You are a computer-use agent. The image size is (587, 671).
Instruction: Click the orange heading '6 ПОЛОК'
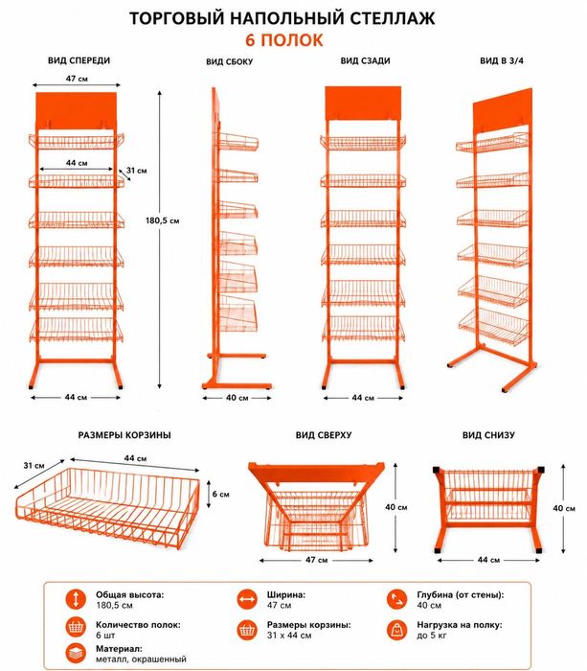(x=283, y=40)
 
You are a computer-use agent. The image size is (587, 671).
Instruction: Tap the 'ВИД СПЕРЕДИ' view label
(x=79, y=60)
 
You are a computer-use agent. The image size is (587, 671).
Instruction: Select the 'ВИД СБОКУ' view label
(x=230, y=61)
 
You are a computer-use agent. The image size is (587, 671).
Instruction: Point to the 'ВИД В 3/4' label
(x=502, y=60)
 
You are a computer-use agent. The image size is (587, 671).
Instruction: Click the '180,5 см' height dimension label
(x=163, y=220)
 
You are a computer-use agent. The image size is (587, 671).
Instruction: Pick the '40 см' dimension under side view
(x=237, y=398)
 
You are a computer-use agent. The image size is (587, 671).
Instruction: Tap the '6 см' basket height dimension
(x=220, y=495)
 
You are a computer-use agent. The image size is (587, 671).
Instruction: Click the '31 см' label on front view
(x=136, y=171)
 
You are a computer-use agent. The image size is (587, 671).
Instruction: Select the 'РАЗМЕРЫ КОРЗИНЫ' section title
(x=124, y=435)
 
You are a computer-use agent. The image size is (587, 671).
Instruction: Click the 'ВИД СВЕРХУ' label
(x=324, y=435)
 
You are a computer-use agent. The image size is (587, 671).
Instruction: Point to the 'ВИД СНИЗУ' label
(x=488, y=435)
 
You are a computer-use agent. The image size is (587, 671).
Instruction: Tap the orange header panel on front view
(x=76, y=110)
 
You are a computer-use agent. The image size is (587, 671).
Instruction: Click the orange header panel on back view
(x=363, y=104)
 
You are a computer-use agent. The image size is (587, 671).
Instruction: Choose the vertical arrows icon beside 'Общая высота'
(x=76, y=599)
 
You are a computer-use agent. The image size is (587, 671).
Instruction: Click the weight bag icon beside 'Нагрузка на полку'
(x=397, y=629)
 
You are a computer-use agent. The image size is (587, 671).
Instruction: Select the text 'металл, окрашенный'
(x=141, y=659)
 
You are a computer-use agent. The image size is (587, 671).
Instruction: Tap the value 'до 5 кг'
(x=432, y=636)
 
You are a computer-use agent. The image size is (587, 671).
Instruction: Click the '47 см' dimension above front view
(x=77, y=79)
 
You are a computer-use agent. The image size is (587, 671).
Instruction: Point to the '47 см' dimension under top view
(x=316, y=560)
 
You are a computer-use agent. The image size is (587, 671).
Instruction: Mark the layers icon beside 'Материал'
(x=76, y=654)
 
